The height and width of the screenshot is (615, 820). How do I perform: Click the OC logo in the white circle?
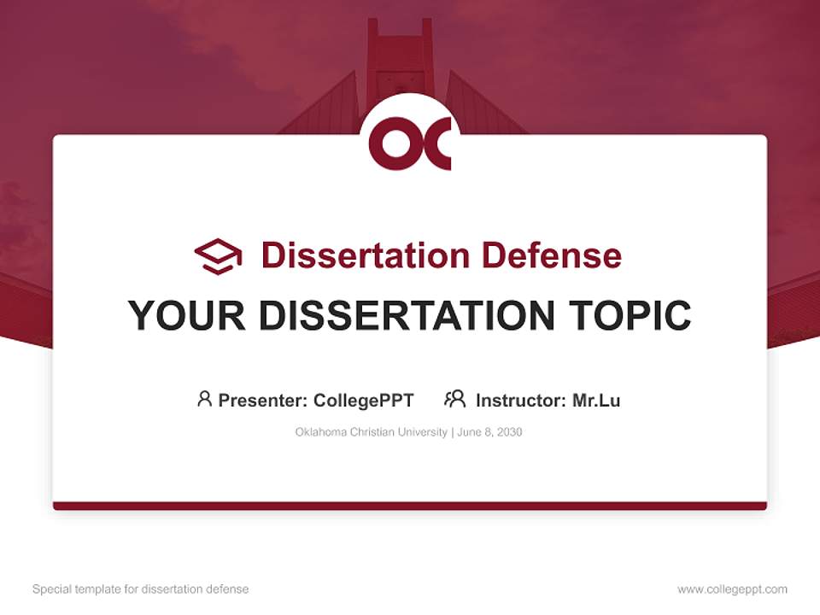pos(410,143)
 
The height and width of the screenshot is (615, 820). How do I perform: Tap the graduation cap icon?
pos(218,255)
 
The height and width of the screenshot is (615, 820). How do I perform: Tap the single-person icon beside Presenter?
pos(204,399)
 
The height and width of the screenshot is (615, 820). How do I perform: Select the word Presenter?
pos(263,400)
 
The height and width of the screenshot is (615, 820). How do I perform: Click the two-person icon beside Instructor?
pos(454,399)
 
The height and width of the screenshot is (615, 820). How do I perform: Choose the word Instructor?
pos(520,400)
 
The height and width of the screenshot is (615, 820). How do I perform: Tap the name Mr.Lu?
pos(596,400)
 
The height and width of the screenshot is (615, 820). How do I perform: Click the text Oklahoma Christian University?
pos(371,432)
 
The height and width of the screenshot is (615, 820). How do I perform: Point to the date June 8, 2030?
pos(489,432)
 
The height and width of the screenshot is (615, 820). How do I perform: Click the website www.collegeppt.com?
pos(732,589)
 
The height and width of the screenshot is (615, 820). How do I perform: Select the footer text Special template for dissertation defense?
pos(141,589)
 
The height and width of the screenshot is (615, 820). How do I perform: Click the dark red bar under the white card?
pos(410,506)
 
